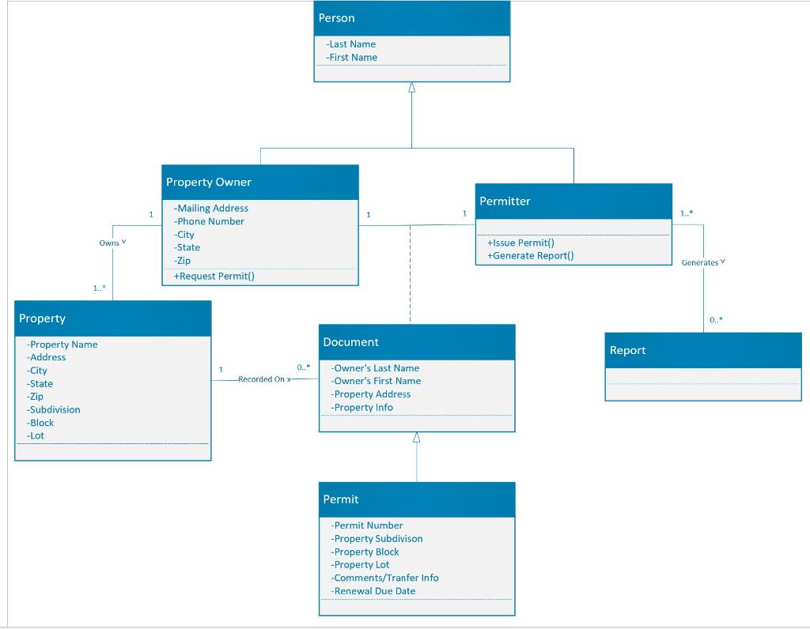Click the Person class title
click(337, 18)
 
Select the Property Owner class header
click(209, 182)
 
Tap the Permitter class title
click(505, 202)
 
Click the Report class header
click(627, 350)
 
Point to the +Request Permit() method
click(214, 276)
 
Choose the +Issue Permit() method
click(520, 243)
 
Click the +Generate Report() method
click(530, 255)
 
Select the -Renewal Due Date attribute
click(373, 591)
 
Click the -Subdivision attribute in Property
click(53, 409)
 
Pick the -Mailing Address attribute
click(211, 209)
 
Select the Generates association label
click(702, 262)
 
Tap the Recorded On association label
click(264, 379)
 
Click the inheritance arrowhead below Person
click(411, 88)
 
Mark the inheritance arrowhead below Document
click(417, 437)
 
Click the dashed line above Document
click(410, 277)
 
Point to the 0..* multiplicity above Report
click(715, 320)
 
